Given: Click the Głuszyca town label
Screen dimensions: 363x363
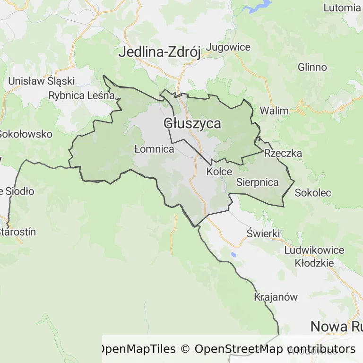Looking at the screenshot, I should click(x=192, y=124).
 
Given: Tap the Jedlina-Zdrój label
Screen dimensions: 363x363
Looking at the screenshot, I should click(x=159, y=52).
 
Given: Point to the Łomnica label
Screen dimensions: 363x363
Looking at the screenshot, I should click(x=154, y=149).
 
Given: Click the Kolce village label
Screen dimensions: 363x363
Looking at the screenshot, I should click(x=219, y=172).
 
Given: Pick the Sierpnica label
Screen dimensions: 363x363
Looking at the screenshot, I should click(x=258, y=182).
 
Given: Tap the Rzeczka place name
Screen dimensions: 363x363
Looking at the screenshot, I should click(x=283, y=153).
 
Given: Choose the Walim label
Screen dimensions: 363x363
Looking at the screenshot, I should click(x=274, y=111).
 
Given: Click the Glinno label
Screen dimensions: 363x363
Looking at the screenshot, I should click(x=312, y=67).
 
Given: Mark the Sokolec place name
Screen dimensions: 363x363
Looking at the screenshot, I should click(x=313, y=193).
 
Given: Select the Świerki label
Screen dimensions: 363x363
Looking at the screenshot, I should click(x=264, y=233).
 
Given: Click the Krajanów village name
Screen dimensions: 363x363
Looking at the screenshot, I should click(x=276, y=297).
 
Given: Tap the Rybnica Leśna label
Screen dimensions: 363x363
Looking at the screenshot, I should click(x=82, y=95).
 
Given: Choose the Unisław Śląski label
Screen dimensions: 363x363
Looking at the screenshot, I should click(x=38, y=81).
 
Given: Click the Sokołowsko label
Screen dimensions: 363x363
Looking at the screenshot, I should click(x=25, y=134).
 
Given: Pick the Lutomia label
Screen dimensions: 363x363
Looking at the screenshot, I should click(x=342, y=8).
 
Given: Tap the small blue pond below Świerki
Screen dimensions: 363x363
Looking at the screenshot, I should click(x=233, y=255).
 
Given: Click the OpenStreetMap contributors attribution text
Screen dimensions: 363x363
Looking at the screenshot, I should click(x=275, y=349).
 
